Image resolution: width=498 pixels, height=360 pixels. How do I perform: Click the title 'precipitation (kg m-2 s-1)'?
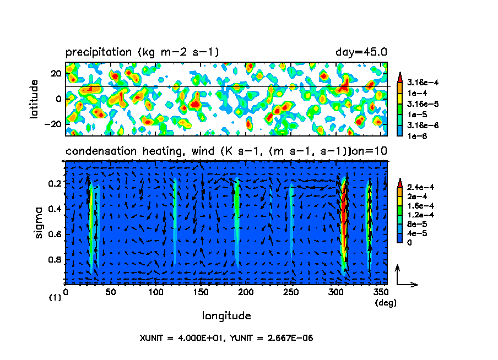[x=142, y=52]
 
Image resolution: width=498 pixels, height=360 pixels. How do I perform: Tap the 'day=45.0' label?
[x=361, y=52]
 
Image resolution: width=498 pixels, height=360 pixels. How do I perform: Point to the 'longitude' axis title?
[x=226, y=316]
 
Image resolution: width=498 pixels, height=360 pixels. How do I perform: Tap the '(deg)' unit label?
[x=385, y=303]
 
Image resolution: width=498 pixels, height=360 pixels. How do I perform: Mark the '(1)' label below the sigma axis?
[x=55, y=298]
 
